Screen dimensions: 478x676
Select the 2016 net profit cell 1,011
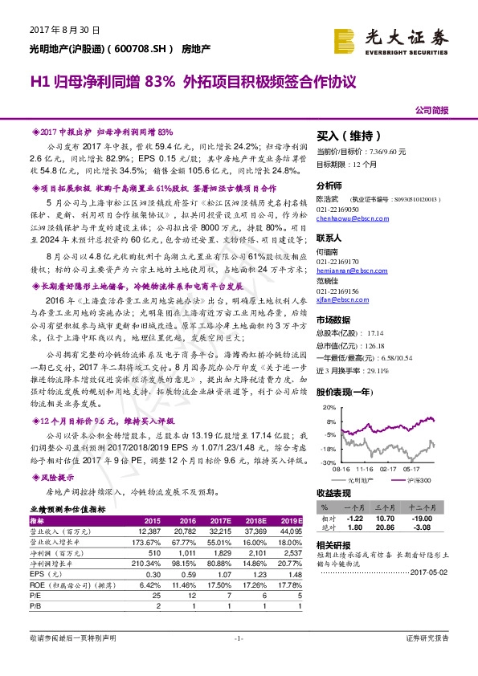coord(208,553)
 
